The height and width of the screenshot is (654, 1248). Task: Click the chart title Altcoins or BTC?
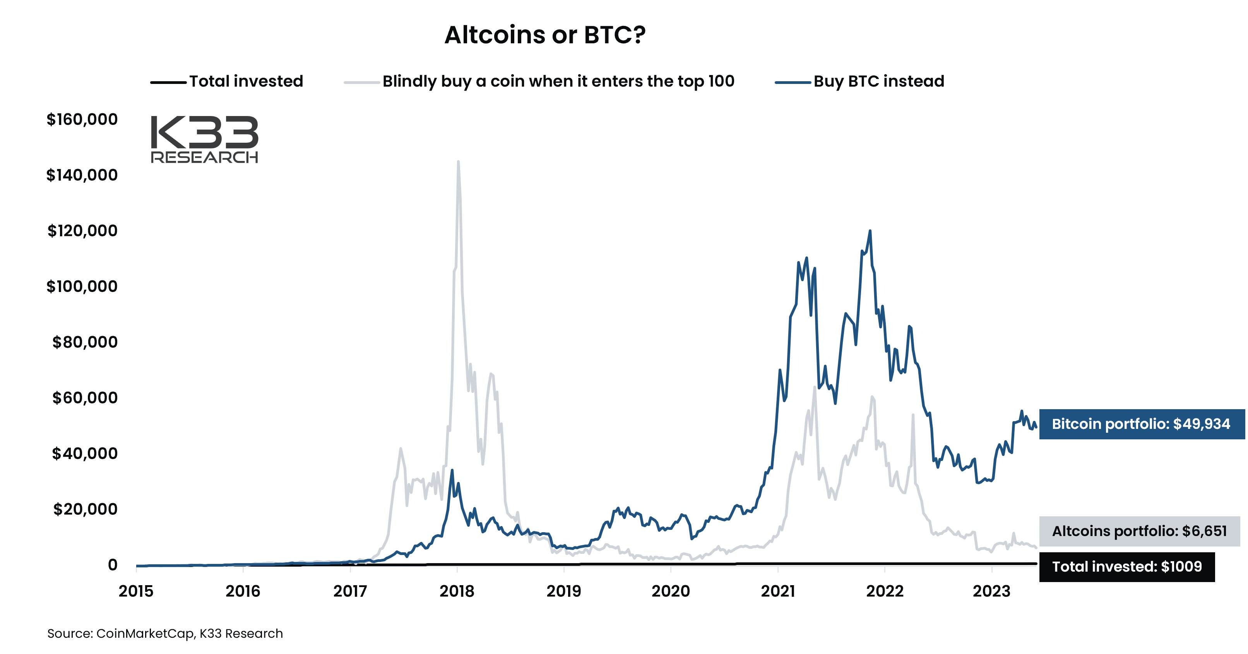point(544,35)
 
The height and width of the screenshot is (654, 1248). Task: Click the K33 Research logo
point(204,139)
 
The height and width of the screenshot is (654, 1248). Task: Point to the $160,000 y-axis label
point(82,119)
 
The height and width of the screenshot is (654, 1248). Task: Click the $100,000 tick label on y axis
point(82,286)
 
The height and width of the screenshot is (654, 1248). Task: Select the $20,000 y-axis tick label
point(85,509)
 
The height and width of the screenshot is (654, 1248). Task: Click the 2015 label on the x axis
point(136,591)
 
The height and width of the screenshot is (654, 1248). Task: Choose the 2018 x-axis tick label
point(456,591)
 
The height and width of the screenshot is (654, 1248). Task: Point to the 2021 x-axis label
point(777,591)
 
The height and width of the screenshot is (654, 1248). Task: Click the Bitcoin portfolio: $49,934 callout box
point(1140,424)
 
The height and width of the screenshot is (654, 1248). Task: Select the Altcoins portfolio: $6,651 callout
point(1139,531)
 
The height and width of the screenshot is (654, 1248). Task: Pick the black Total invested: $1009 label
point(1126,566)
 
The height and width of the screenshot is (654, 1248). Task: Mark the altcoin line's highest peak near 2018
point(458,162)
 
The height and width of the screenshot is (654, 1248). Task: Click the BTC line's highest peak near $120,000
point(870,231)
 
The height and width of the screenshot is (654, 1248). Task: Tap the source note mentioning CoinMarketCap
point(165,633)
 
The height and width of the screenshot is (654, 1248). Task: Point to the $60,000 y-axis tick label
point(85,398)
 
